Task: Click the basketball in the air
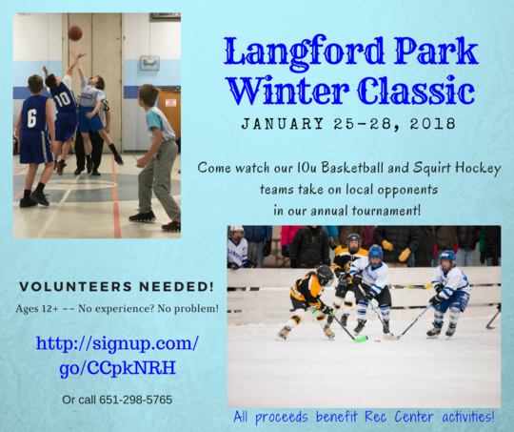[74, 32]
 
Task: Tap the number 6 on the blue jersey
[31, 118]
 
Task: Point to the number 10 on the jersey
[62, 99]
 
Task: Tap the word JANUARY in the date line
[280, 125]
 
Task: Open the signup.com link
[117, 356]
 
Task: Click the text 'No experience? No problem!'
[160, 308]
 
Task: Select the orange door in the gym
[168, 109]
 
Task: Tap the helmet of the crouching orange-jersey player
[326, 275]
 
